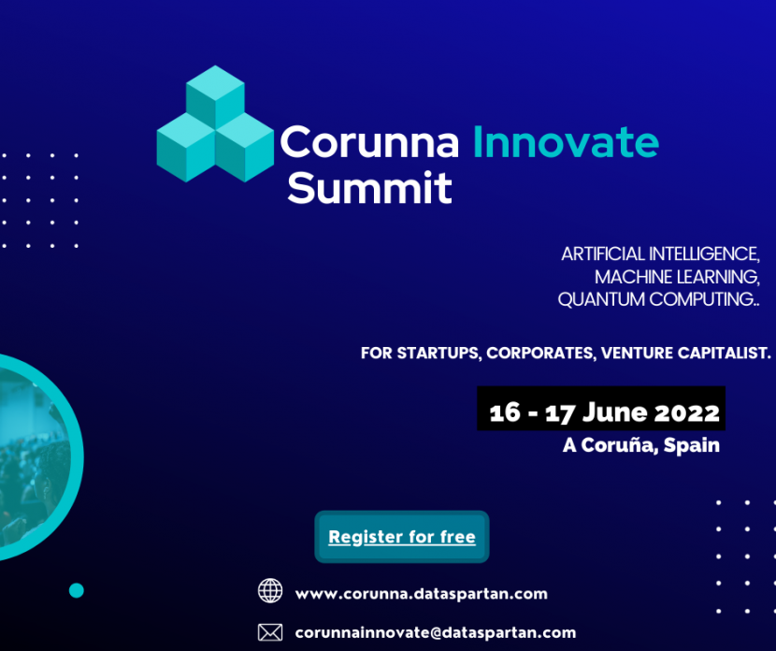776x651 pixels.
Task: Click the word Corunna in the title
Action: [x=369, y=142]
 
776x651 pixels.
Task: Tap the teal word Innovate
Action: [x=567, y=142]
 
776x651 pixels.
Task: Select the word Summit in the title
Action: [x=369, y=188]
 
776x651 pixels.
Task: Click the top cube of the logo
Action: [x=215, y=97]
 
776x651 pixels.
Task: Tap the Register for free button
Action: [x=402, y=537]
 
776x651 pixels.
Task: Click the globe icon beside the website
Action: [x=270, y=590]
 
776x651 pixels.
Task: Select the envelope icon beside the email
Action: [x=270, y=632]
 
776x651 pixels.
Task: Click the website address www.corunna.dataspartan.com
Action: [x=421, y=594]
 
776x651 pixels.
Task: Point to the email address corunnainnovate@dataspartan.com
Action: [x=436, y=632]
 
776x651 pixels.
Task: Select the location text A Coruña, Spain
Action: [x=641, y=445]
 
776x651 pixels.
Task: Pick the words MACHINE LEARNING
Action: [x=677, y=277]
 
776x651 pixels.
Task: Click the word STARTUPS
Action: [x=438, y=353]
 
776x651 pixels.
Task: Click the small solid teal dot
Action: [x=77, y=590]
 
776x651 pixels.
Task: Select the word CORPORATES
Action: [x=540, y=353]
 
